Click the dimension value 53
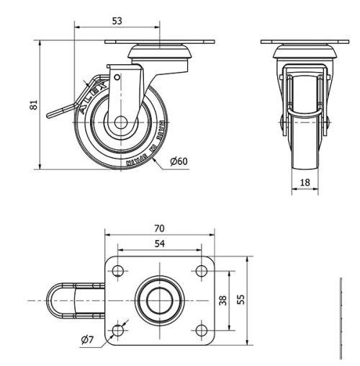tap(117, 21)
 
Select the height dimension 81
tap(33, 105)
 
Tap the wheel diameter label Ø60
tap(179, 161)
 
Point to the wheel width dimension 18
tap(305, 183)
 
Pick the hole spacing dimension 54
tap(158, 244)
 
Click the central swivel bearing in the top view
tap(158, 300)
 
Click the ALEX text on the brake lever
tap(94, 96)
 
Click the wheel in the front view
tap(305, 144)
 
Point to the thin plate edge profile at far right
tap(339, 317)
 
